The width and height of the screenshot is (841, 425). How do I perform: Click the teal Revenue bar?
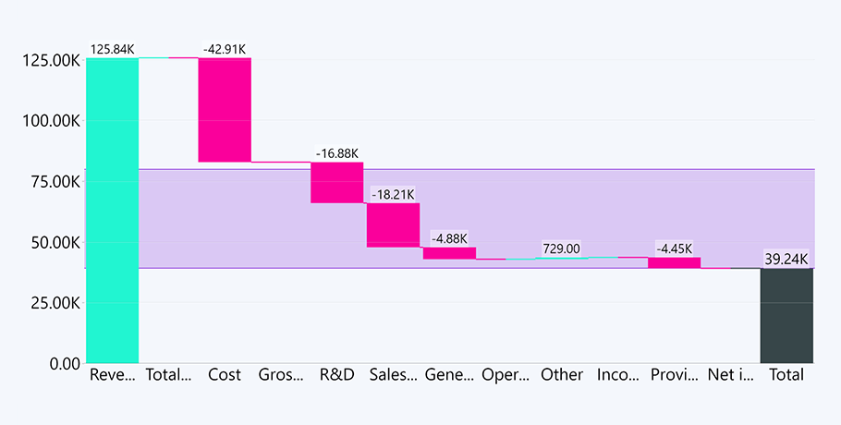[x=112, y=211]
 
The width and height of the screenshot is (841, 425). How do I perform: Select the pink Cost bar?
[x=225, y=110]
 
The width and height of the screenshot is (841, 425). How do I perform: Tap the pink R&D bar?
[x=336, y=182]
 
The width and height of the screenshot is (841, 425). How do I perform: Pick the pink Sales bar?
[x=393, y=225]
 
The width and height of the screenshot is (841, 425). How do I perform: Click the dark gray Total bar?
[x=786, y=315]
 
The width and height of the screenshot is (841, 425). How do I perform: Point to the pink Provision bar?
[x=674, y=262]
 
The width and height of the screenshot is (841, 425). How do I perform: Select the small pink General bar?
[x=449, y=253]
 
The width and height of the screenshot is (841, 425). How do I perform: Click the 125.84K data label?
[x=113, y=49]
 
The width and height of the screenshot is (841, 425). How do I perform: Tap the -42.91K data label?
[x=225, y=49]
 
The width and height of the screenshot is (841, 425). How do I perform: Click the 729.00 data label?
[x=561, y=249]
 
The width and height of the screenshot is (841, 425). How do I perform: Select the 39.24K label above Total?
[x=786, y=259]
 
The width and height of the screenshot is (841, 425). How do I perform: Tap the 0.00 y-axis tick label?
[x=63, y=364]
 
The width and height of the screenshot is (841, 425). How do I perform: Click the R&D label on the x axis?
[x=336, y=375]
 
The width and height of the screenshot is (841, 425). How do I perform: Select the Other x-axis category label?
[x=562, y=375]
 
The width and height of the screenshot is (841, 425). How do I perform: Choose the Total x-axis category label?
[x=786, y=375]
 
